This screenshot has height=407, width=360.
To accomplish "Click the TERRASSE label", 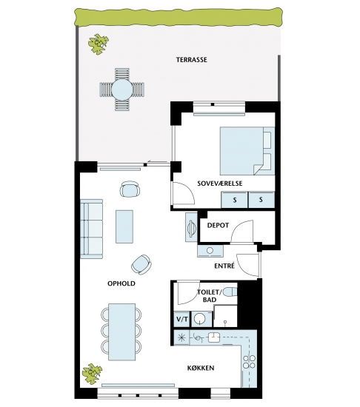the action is [x=192, y=60].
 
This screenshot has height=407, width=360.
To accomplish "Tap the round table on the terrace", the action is [x=122, y=90].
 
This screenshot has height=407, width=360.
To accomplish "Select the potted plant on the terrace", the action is [x=99, y=44].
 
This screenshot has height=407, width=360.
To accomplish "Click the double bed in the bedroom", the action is [x=247, y=151].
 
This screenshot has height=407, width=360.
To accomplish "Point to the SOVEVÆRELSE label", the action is [x=220, y=184].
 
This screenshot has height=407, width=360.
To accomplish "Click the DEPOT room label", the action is [x=218, y=225].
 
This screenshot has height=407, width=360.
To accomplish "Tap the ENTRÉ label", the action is [x=224, y=266].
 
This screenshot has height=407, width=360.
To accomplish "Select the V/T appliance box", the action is [x=182, y=319].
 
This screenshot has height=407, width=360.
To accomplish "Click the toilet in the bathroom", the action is [x=230, y=292].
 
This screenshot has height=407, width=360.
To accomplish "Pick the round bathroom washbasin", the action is [x=200, y=319].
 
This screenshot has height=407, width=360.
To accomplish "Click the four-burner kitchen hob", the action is [x=249, y=362].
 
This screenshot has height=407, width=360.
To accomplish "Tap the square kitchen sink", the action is [x=214, y=337].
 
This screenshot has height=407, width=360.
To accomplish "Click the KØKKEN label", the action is [x=201, y=368].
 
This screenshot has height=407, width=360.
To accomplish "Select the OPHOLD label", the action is [x=121, y=283].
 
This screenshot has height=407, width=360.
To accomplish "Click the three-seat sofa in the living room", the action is [x=91, y=229].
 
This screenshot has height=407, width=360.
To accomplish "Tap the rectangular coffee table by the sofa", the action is [x=124, y=226].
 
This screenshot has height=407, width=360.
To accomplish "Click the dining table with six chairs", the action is [x=121, y=332].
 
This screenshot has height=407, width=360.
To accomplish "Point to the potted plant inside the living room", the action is [x=92, y=374].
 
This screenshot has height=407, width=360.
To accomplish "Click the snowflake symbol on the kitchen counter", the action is [x=181, y=337].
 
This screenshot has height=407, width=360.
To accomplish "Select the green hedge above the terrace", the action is [x=179, y=17].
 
